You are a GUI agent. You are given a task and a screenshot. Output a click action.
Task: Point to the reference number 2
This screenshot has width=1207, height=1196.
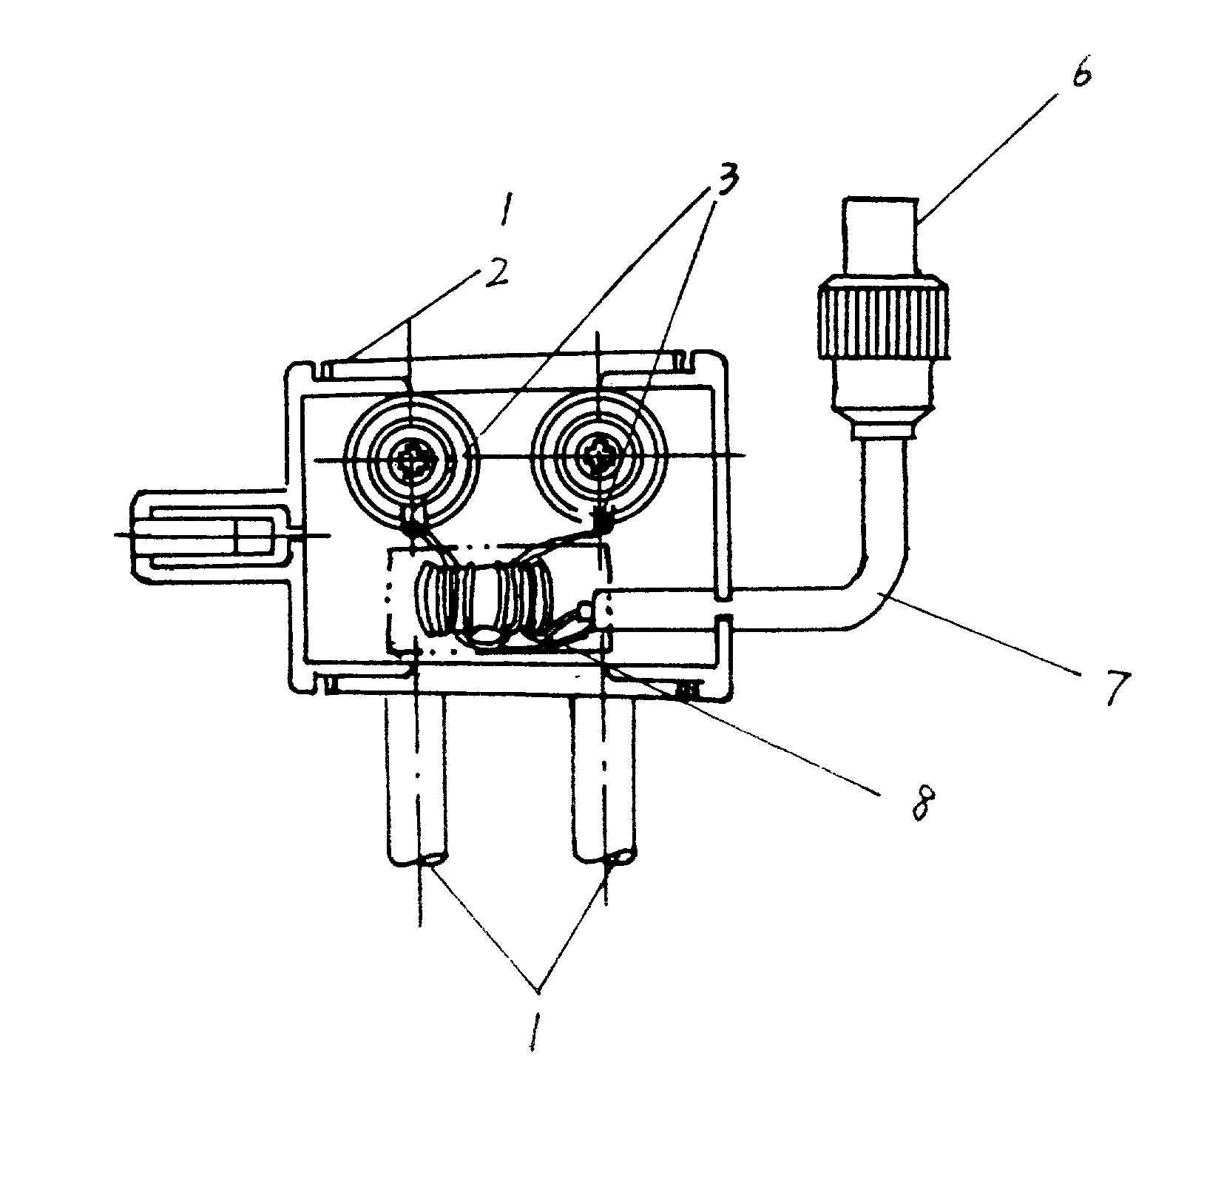[496, 275]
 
